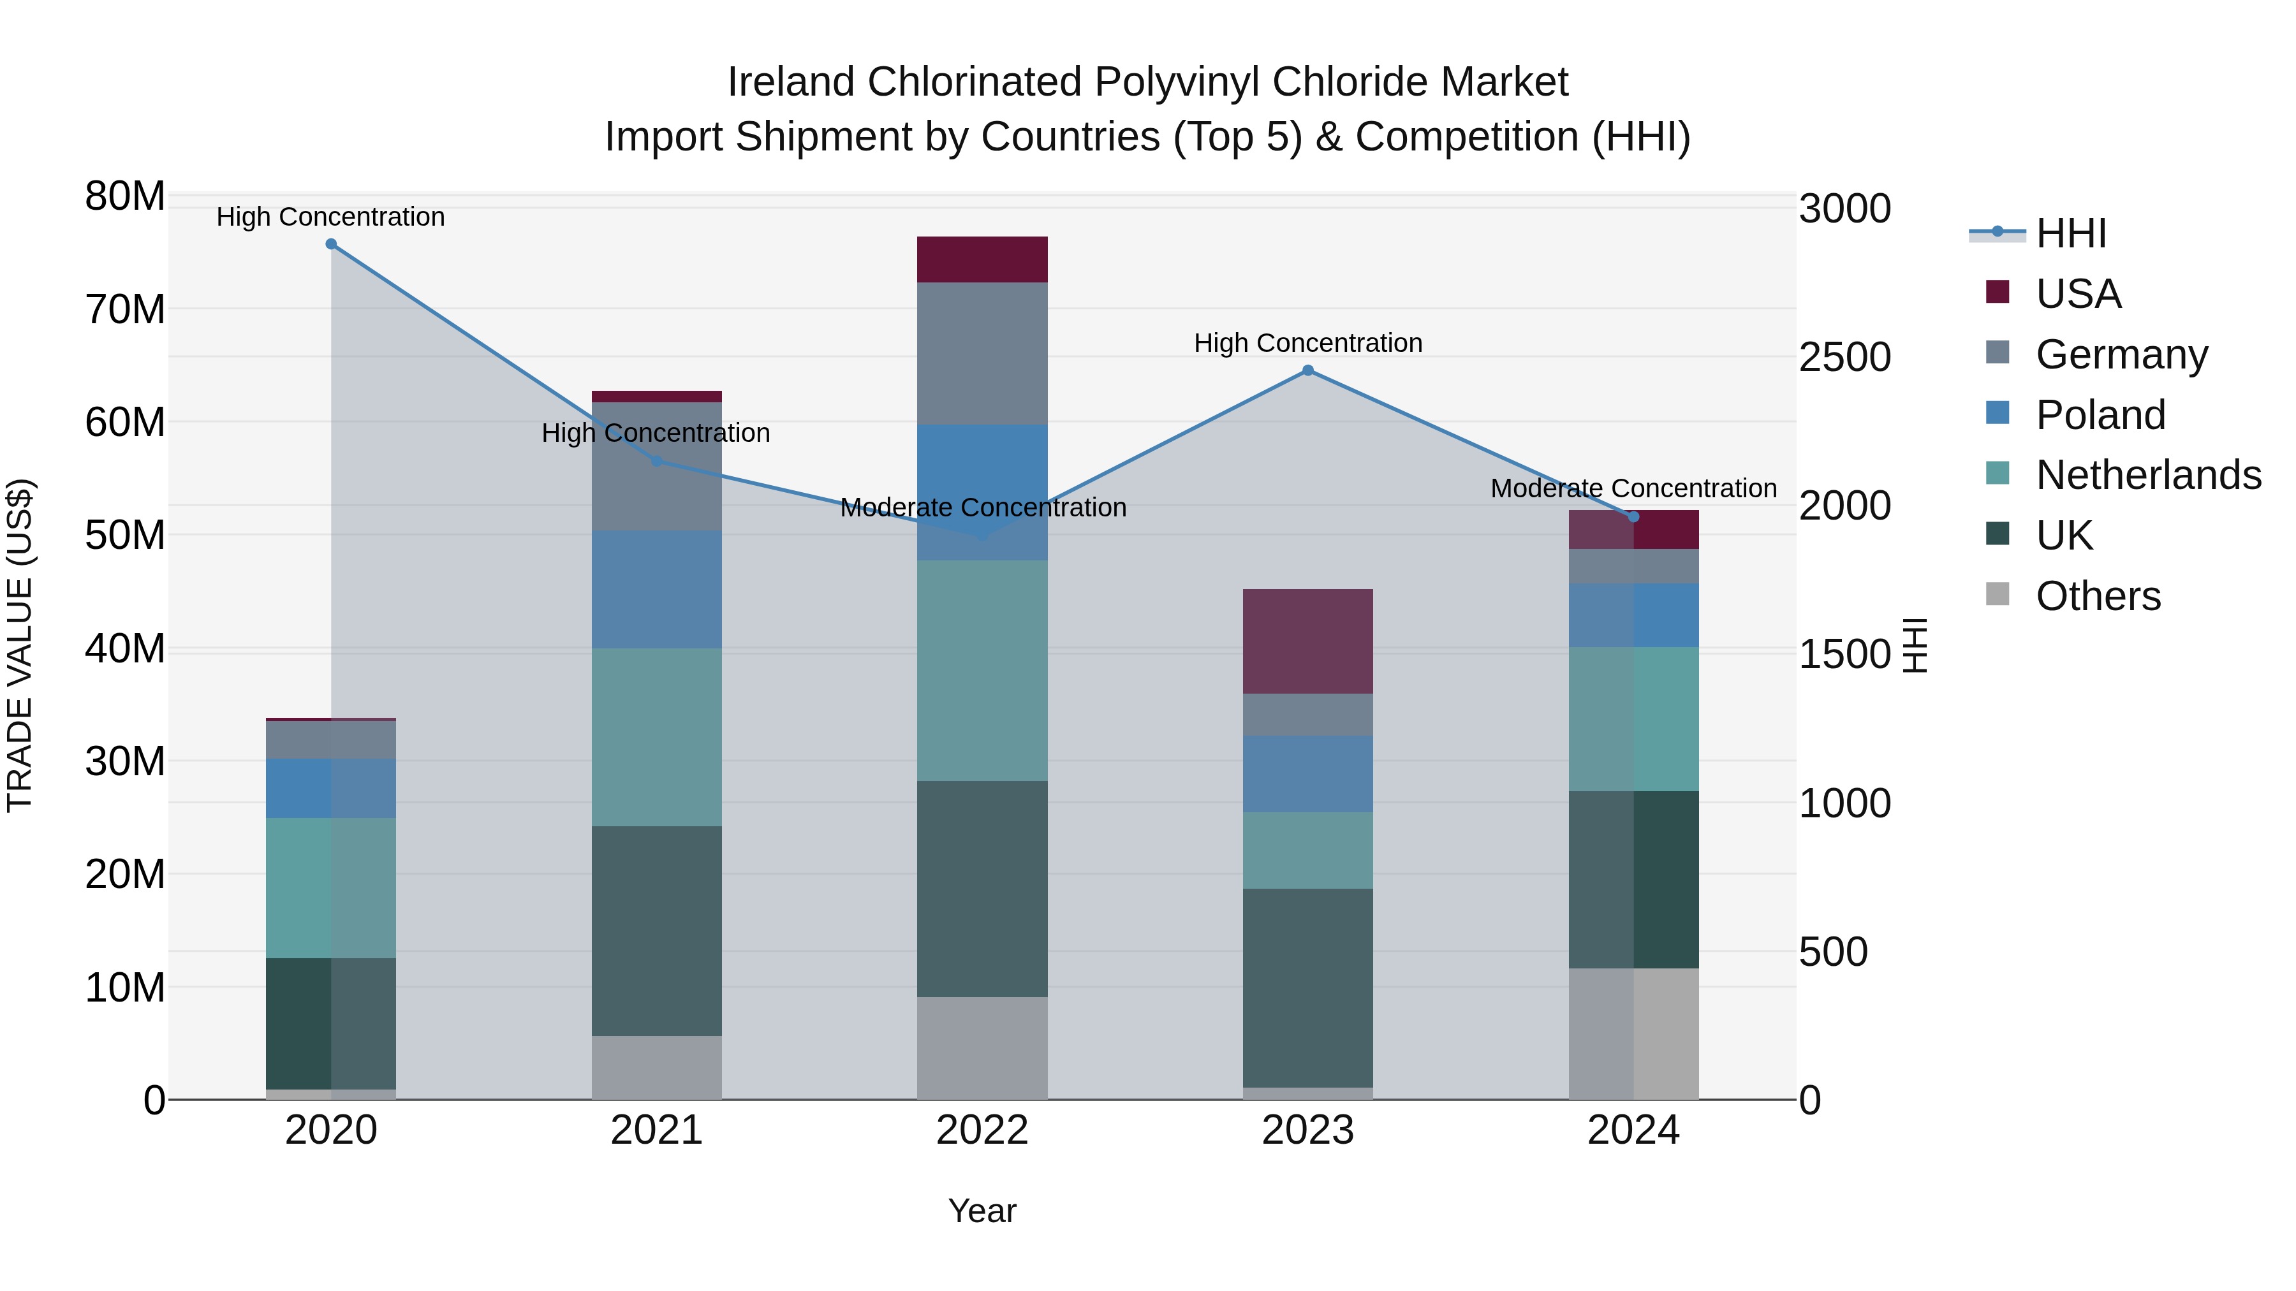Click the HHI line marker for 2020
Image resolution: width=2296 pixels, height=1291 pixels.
tap(330, 244)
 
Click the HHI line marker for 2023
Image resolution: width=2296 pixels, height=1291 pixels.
tap(1307, 370)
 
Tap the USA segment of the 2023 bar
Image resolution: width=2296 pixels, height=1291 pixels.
tap(1307, 641)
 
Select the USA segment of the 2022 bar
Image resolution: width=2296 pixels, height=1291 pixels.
tap(982, 259)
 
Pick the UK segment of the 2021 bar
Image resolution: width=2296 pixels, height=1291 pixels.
tap(657, 930)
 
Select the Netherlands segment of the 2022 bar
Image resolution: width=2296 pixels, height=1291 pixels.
tap(982, 670)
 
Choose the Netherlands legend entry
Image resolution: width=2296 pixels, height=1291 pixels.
tap(2148, 475)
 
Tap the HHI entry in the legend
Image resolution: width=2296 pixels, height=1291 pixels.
tap(2070, 233)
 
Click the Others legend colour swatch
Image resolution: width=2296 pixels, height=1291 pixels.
tap(1998, 594)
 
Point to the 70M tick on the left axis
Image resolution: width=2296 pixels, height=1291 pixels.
tap(125, 310)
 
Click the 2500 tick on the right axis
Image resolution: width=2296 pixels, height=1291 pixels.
tap(1844, 357)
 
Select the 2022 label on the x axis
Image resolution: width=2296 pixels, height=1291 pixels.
tap(982, 1130)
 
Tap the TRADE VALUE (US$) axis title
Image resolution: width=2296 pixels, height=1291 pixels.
tap(20, 645)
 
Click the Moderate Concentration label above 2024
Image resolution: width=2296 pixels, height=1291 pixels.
tap(1633, 488)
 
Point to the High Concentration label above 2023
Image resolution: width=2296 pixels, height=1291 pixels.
tap(1307, 343)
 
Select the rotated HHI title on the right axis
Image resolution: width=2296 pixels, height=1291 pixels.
tap(1915, 645)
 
